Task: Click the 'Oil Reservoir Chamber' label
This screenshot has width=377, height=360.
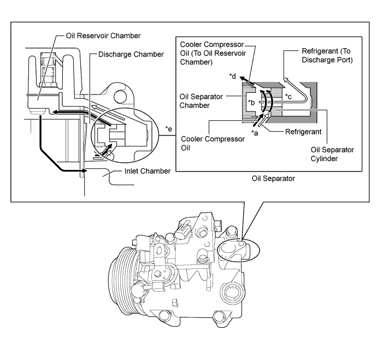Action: tap(103, 36)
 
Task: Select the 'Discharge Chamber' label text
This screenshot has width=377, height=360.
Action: tap(131, 54)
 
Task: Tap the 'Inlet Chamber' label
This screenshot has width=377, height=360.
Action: tap(148, 171)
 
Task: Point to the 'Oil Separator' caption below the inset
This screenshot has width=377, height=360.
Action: tap(273, 179)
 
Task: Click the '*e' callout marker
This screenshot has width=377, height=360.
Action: tap(168, 129)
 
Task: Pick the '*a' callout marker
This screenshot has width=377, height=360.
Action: tap(255, 132)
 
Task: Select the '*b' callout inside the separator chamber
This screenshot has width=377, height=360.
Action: tap(251, 103)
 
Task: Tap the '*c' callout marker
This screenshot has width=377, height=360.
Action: tap(288, 96)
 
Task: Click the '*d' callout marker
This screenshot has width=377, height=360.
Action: tap(233, 76)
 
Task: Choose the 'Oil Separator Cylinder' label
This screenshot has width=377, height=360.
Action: tap(332, 154)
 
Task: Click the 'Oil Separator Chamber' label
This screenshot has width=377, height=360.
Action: tap(201, 101)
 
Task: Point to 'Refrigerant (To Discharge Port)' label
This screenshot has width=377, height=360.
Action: tap(327, 55)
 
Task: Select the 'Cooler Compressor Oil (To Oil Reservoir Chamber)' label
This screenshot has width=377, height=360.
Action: tap(213, 53)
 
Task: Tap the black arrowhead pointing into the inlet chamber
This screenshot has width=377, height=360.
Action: tap(84, 170)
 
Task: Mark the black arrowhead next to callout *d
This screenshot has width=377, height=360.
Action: tap(243, 78)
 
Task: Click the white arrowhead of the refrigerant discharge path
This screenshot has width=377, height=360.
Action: tap(286, 79)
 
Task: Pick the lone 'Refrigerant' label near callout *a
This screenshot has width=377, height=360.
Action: tap(303, 132)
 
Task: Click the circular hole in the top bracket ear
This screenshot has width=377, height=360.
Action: tap(120, 97)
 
